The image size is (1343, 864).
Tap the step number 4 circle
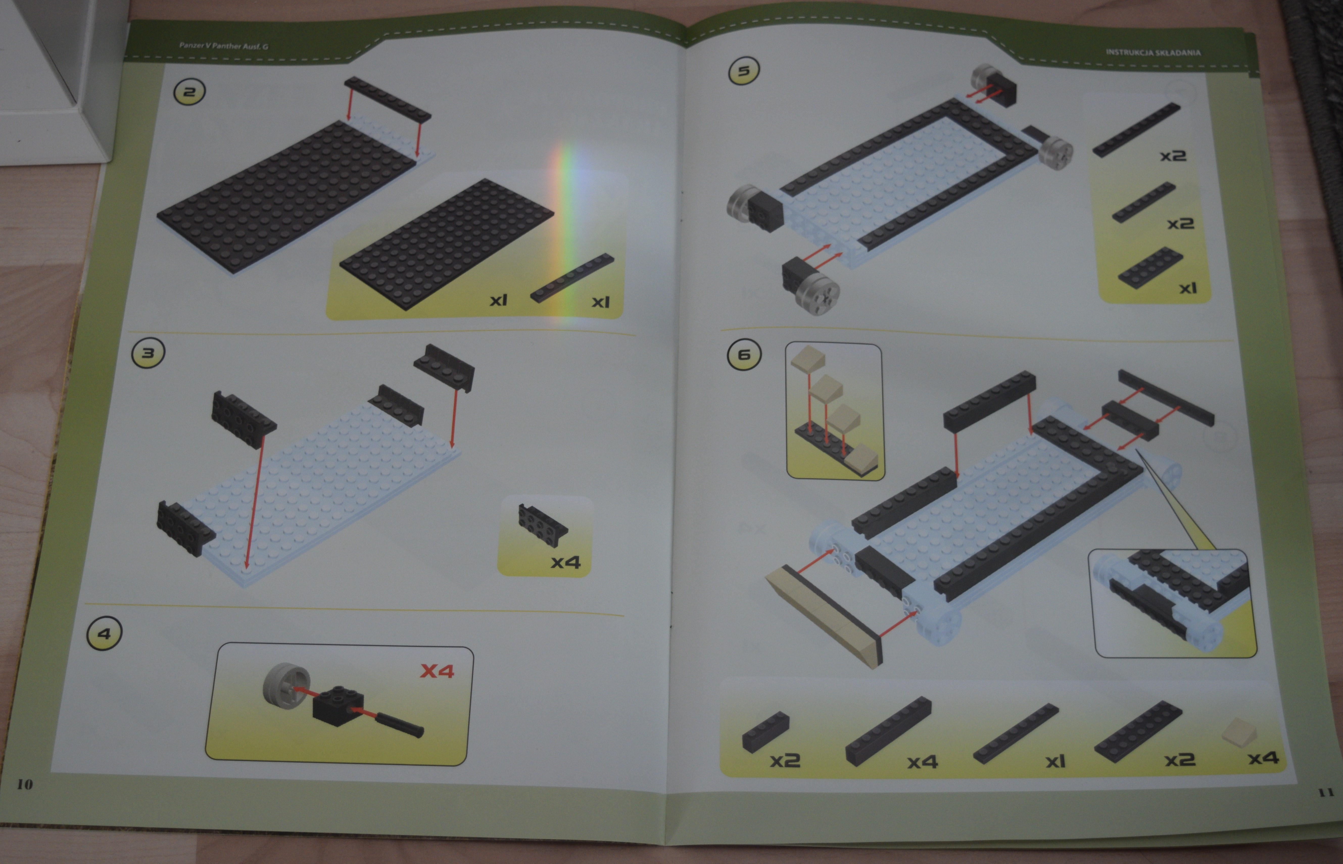104,633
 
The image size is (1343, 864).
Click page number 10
25,784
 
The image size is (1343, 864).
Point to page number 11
1326,792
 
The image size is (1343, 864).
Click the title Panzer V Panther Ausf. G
223,45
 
